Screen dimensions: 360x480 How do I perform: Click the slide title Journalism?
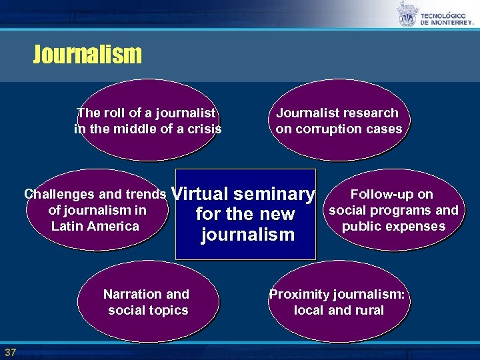pyautogui.click(x=87, y=54)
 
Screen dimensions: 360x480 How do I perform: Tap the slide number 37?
pyautogui.click(x=10, y=352)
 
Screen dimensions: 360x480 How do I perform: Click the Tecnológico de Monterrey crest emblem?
pyautogui.click(x=406, y=13)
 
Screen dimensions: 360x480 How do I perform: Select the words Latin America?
pyautogui.click(x=95, y=226)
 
